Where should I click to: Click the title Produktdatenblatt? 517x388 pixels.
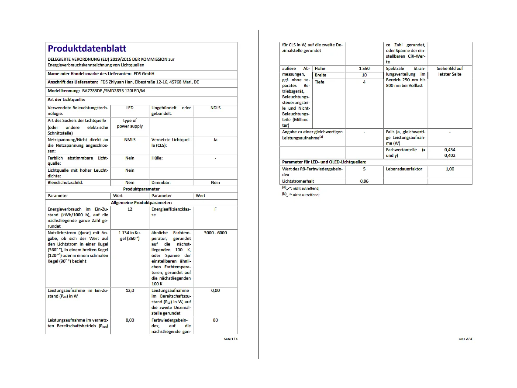point(87,48)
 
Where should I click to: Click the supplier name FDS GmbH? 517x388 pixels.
point(144,74)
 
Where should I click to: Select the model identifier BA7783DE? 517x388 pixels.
point(94,91)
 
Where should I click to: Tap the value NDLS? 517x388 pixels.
point(215,108)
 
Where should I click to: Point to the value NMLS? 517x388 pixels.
point(130,140)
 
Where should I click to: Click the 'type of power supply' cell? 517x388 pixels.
point(130,123)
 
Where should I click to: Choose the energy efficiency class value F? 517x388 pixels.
point(215,209)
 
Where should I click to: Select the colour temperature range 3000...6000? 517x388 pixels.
point(215,232)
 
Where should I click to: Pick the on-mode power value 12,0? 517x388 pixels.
point(130,290)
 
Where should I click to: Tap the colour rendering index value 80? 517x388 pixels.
point(215,320)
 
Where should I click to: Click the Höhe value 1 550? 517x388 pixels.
point(364,69)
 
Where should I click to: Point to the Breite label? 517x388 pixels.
point(321,75)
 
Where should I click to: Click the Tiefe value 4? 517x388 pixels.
point(364,82)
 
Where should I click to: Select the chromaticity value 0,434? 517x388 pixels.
point(450,149)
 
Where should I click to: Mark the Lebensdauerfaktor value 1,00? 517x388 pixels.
point(450,169)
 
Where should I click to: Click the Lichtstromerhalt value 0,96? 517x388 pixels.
point(364,181)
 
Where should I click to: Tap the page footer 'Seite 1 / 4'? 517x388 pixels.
point(231,339)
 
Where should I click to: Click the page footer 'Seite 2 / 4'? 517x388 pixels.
point(465,339)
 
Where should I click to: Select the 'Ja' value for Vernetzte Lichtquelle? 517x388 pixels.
point(215,140)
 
